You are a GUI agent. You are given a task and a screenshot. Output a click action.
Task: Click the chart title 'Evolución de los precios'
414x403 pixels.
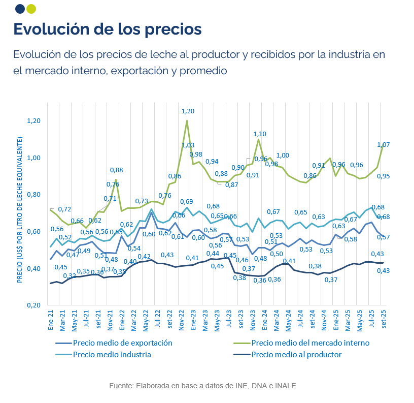[x=108, y=28]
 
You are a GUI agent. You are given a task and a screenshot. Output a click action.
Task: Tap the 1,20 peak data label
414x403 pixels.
[x=188, y=111]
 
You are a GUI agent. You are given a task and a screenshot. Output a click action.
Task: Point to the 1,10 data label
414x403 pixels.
[x=260, y=134]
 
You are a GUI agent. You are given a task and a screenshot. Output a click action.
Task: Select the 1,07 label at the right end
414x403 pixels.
[x=383, y=145]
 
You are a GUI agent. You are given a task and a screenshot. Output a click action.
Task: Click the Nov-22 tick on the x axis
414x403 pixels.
[x=182, y=320]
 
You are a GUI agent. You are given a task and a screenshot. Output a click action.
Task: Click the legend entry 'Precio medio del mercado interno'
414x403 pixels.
[x=310, y=343]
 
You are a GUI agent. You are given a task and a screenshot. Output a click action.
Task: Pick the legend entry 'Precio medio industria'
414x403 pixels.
[x=112, y=355]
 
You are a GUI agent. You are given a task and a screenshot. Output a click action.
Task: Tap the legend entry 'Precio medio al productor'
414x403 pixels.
[x=296, y=355]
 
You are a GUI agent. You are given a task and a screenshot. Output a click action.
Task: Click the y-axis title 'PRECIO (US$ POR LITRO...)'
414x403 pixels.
[x=20, y=209]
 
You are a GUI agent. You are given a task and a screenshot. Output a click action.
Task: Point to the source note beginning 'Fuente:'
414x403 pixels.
[x=202, y=386]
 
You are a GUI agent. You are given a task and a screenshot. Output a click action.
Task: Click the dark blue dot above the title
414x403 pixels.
[x=20, y=9]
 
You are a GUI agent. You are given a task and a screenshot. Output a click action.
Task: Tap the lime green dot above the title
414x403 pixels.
[x=31, y=9]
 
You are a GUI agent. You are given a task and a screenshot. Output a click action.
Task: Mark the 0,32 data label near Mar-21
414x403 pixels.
[x=70, y=276]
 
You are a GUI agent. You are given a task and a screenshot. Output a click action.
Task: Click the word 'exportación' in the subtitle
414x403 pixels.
[x=134, y=71]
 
